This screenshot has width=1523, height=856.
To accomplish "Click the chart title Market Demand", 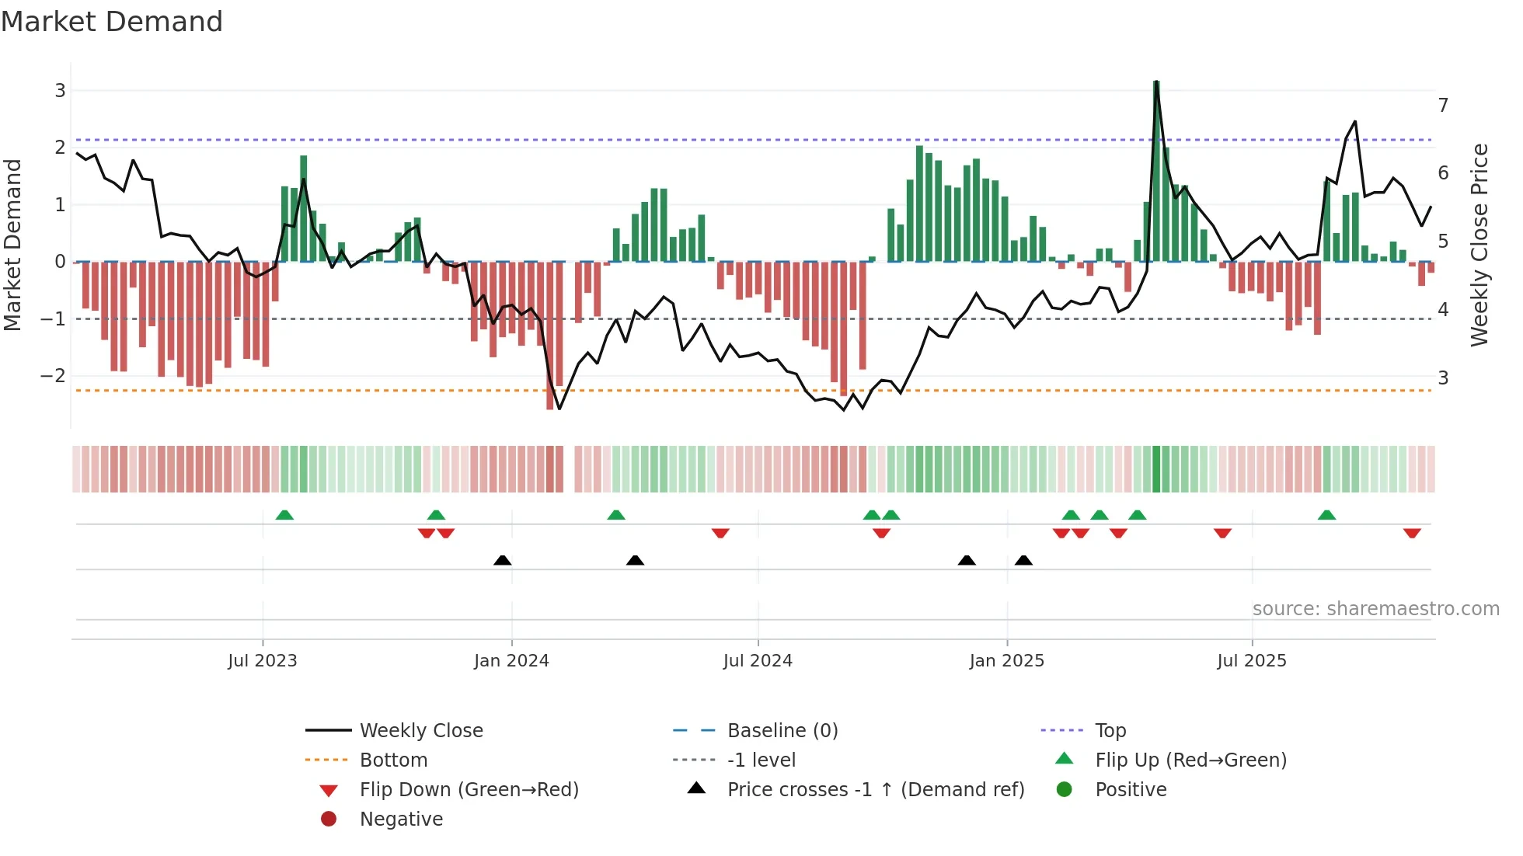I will click(112, 22).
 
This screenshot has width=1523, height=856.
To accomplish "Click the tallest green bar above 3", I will click(1156, 171).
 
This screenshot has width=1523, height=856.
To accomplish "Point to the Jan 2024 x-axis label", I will click(511, 661).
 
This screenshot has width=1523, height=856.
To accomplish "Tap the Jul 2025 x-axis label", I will click(1251, 661).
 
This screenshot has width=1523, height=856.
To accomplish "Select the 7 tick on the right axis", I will click(1443, 105).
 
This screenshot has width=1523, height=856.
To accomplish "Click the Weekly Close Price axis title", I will click(1479, 245).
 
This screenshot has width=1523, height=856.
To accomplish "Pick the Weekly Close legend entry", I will click(420, 731).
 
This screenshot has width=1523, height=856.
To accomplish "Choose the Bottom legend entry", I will click(393, 760).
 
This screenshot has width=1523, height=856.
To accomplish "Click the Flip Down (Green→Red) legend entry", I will click(469, 790).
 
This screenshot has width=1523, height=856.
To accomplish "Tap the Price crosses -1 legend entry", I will click(875, 790).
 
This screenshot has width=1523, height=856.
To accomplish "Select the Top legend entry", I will click(1110, 731).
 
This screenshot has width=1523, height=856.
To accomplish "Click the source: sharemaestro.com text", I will click(1375, 609).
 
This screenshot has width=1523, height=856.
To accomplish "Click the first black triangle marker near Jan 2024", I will click(503, 560).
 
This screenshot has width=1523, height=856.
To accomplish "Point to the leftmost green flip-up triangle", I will click(284, 515).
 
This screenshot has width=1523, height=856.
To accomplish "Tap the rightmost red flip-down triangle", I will click(1412, 533).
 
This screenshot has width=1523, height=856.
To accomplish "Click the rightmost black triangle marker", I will click(1023, 560).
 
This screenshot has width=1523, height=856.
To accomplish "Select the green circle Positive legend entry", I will click(1130, 790).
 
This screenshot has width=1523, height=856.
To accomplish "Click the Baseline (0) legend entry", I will click(782, 731).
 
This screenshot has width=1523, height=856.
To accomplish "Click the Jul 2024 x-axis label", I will click(758, 661).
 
